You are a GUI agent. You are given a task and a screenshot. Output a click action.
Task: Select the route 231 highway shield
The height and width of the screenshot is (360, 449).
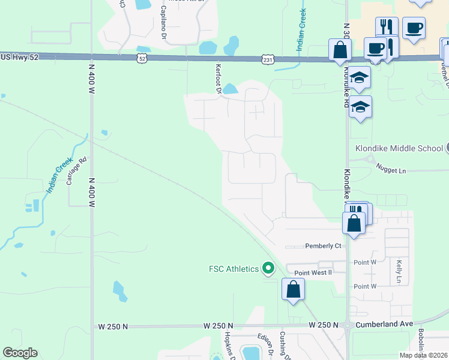[268, 59]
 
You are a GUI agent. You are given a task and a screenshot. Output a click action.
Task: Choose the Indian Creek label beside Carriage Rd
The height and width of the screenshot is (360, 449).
[59, 174]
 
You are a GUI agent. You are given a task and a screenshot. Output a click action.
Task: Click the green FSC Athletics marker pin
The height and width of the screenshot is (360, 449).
[268, 269]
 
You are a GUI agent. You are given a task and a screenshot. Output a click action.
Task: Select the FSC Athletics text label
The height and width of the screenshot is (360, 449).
[234, 269]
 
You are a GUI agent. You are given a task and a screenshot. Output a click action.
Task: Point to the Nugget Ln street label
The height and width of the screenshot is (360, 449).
[391, 170]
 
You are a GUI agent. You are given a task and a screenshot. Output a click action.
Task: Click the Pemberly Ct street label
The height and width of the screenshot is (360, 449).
[323, 246]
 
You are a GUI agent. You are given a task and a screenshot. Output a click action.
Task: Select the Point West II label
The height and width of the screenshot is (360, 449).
[313, 272]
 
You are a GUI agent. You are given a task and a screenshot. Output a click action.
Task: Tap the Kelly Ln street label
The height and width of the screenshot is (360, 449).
[399, 271]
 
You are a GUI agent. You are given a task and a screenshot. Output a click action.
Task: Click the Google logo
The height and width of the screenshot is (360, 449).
[20, 353]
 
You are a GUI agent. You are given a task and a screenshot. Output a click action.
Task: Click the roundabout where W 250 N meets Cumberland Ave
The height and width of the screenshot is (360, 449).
[348, 326]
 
